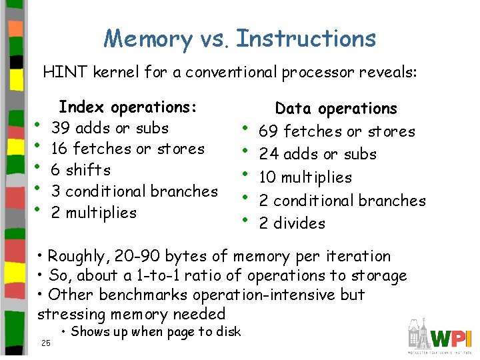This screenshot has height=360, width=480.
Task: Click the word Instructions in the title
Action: (x=306, y=39)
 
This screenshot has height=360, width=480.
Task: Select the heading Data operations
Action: (x=336, y=109)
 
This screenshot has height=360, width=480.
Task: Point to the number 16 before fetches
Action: (x=60, y=149)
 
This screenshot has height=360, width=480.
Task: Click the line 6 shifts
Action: (x=81, y=170)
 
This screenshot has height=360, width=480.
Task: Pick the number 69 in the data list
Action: (x=268, y=132)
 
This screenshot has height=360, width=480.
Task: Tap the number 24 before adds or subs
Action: (x=268, y=155)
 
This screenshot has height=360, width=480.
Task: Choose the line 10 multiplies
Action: (x=305, y=177)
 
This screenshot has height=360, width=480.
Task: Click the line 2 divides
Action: (x=292, y=223)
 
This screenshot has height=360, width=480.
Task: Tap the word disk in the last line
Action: (x=227, y=332)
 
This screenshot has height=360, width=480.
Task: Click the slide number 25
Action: (x=45, y=343)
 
